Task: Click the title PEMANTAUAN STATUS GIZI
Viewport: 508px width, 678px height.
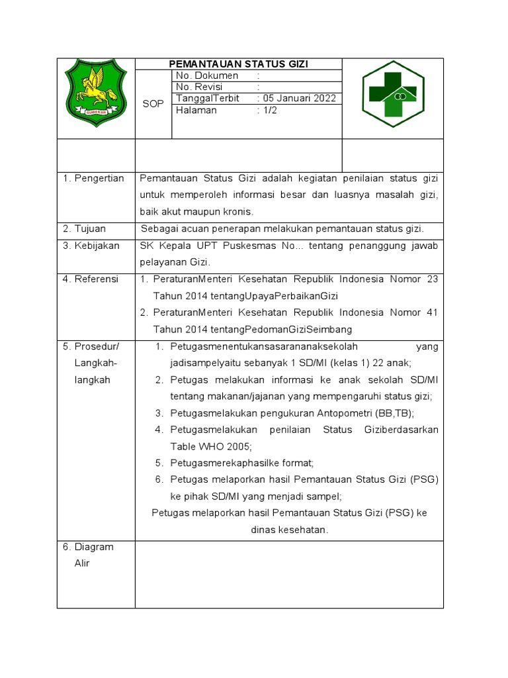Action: tap(239, 64)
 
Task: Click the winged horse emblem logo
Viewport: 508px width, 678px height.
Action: tap(96, 93)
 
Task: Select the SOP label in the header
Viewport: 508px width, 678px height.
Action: tap(153, 104)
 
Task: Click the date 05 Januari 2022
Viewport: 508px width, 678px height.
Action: tap(299, 99)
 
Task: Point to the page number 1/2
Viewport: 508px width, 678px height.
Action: tap(269, 111)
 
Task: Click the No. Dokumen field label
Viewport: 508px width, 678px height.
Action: tap(207, 76)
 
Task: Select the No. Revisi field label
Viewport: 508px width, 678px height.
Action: tap(199, 87)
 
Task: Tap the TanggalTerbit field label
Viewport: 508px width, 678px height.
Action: tap(208, 99)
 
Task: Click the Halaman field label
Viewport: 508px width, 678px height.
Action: tap(196, 111)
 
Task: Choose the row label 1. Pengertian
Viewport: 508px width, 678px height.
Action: tap(93, 179)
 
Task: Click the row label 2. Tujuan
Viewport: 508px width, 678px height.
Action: tap(84, 229)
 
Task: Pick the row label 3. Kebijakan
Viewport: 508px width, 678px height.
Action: tap(91, 246)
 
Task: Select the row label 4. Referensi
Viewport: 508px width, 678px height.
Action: tap(91, 279)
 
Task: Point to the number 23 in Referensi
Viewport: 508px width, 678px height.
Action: tap(432, 279)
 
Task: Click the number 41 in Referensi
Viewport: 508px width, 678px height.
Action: tap(432, 313)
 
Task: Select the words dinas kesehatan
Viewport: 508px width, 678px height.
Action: tap(289, 530)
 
